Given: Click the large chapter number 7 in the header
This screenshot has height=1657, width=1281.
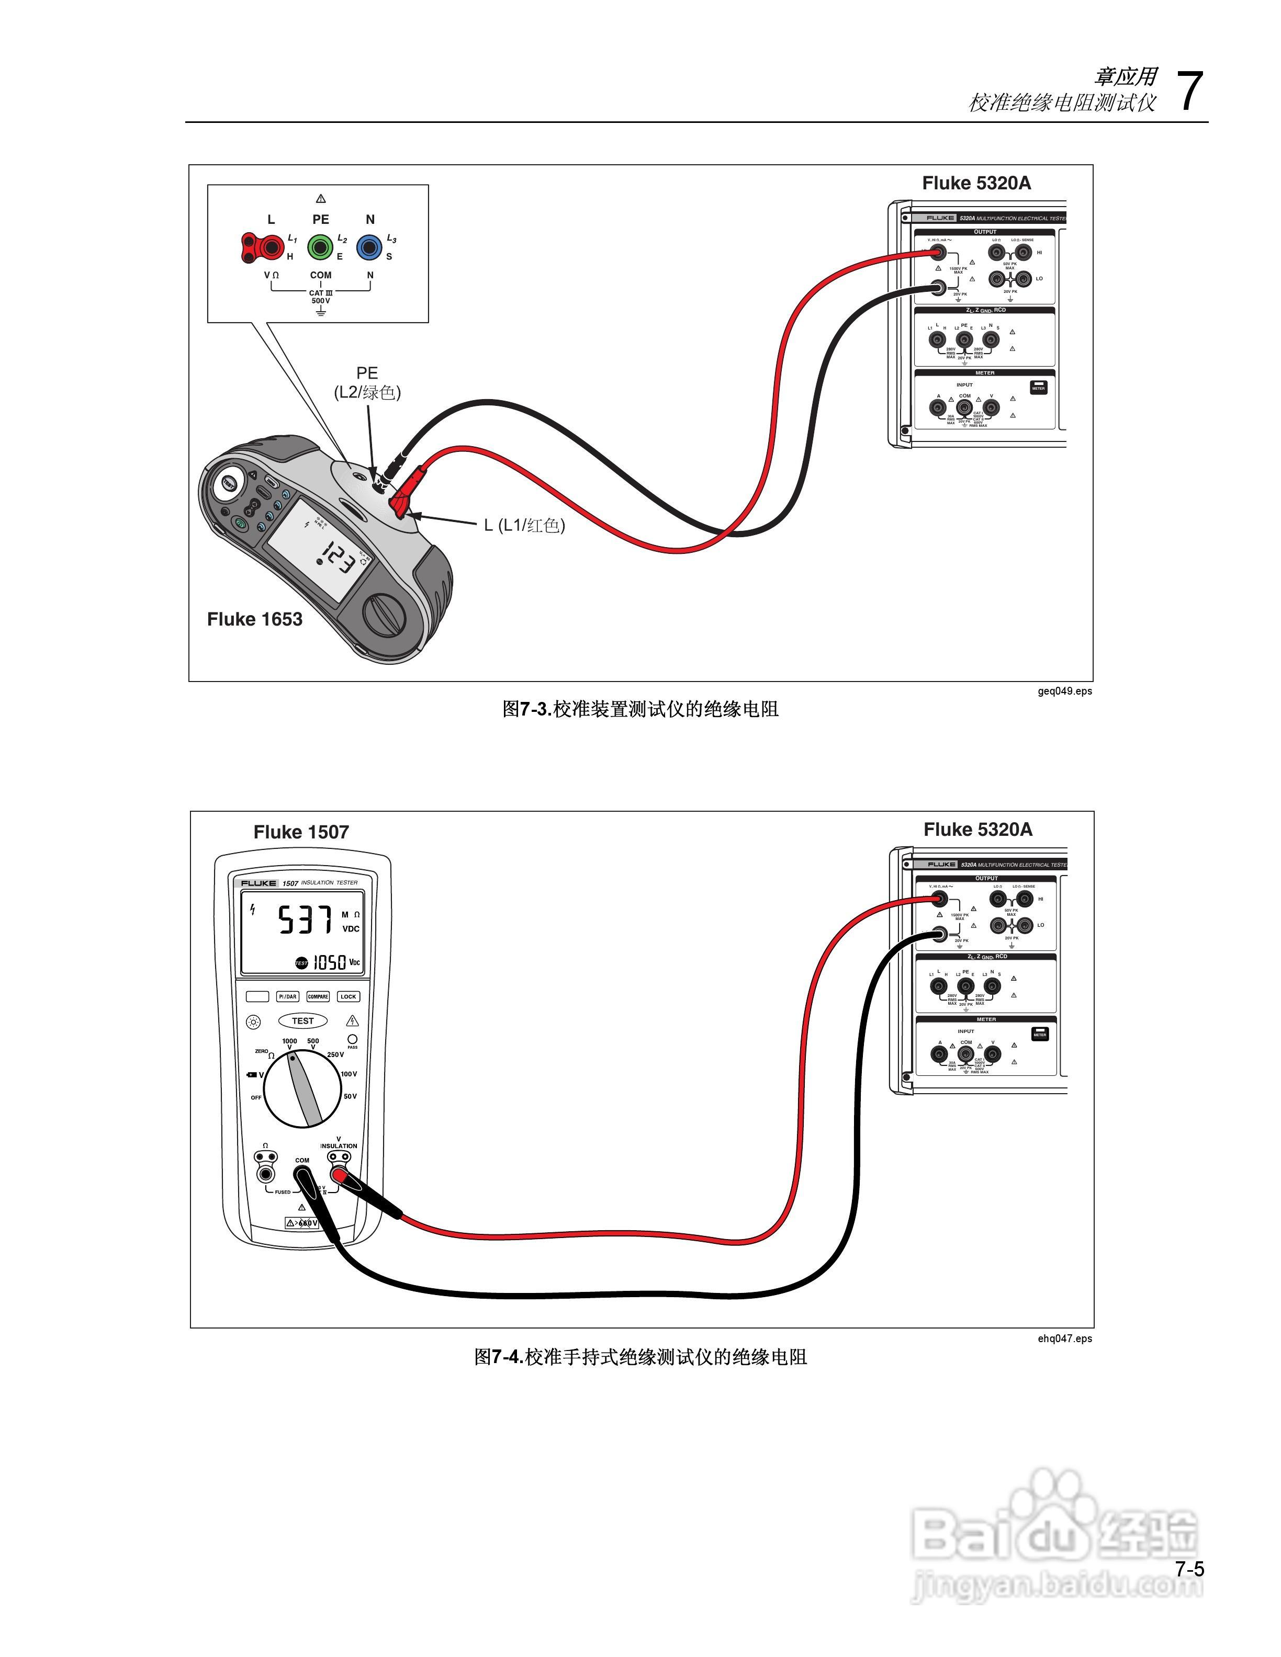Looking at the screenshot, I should pos(1189,92).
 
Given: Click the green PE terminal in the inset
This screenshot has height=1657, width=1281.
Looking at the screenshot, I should pos(320,246).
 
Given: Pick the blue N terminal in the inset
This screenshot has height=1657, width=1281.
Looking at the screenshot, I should pos(369,246).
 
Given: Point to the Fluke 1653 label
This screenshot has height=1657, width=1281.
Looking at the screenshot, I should pos(254,619).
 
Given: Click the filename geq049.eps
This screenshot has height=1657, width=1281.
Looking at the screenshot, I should pos(1065,690).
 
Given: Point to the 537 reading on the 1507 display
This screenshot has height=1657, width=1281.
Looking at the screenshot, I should pos(305,921).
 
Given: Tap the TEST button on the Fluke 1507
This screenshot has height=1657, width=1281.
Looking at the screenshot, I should pos(303,1020).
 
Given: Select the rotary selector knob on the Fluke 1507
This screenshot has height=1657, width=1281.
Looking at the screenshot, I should pos(302,1088).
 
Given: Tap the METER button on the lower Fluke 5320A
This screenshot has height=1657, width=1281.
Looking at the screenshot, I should pos(1040,1034).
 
